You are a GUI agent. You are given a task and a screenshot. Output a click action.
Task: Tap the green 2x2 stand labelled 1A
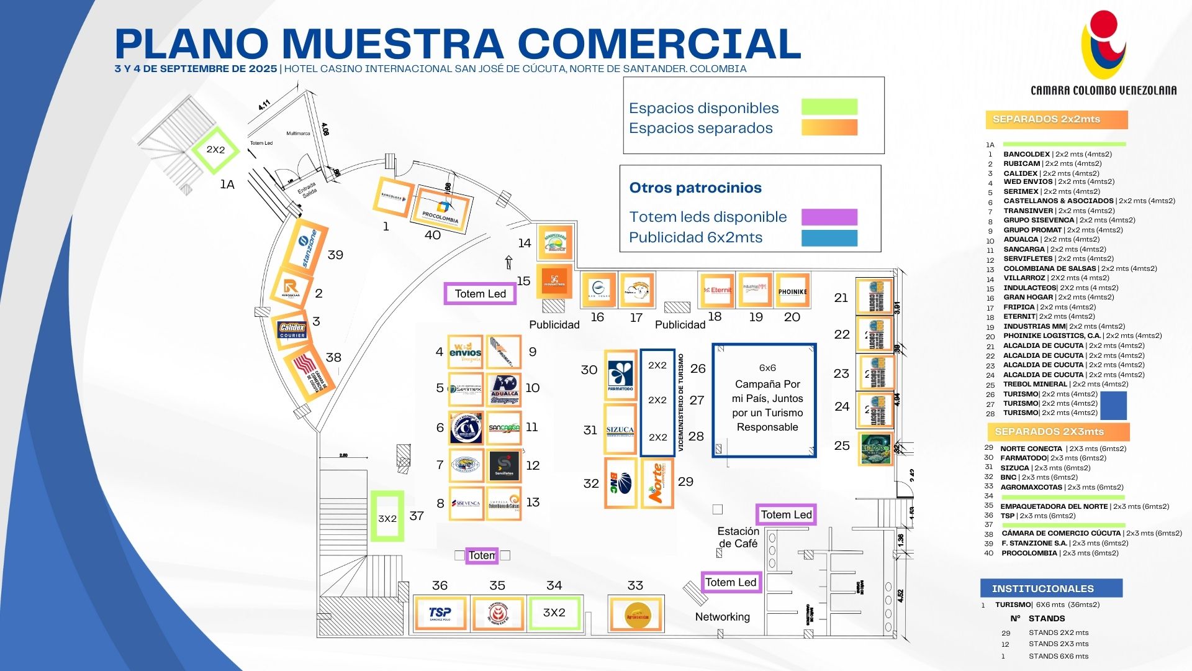tap(215, 150)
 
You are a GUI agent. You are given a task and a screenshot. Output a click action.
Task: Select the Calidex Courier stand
tap(292, 330)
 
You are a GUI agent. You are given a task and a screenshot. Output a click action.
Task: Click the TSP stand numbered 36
tap(440, 614)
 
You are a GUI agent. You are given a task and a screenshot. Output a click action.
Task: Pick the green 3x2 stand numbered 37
tap(387, 516)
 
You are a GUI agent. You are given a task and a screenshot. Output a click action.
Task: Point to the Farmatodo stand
tap(620, 376)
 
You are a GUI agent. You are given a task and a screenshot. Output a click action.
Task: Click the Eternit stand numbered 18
tap(717, 290)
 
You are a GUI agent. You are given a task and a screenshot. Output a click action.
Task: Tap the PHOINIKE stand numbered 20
tap(792, 291)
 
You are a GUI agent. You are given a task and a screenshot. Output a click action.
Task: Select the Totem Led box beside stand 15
tap(480, 294)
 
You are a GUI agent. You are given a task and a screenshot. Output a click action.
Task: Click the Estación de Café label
tap(738, 537)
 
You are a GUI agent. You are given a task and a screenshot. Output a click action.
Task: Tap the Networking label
tap(722, 617)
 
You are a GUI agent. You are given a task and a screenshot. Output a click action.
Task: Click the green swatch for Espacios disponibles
tap(829, 107)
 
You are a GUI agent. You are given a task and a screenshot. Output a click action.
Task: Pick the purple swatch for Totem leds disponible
tap(829, 217)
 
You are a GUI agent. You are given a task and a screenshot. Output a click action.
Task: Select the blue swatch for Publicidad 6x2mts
tap(829, 238)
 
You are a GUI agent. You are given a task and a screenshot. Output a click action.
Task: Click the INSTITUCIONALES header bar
tap(1051, 588)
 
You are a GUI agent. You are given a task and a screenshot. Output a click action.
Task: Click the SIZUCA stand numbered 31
tap(620, 429)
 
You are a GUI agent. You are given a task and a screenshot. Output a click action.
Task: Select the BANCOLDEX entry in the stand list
tap(1026, 154)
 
